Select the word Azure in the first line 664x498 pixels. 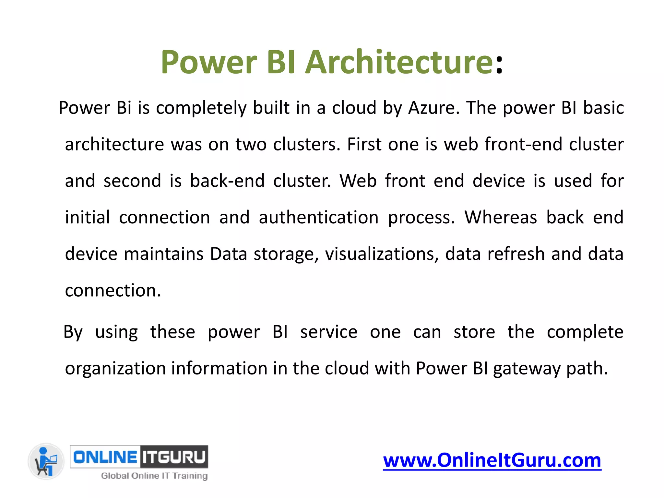pyautogui.click(x=434, y=108)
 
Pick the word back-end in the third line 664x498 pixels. pyautogui.click(x=227, y=181)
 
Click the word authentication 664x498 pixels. pyautogui.click(x=319, y=217)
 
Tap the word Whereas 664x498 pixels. pyautogui.click(x=501, y=217)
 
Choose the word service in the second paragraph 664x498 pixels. pyautogui.click(x=329, y=332)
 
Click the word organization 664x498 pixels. pyautogui.click(x=115, y=369)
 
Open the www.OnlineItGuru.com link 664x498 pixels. pyautogui.click(x=492, y=460)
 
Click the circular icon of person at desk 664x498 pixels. pyautogui.click(x=46, y=461)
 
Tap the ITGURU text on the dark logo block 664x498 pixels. pyautogui.click(x=174, y=457)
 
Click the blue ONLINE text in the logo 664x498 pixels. pyautogui.click(x=105, y=457)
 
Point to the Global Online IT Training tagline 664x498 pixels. pyautogui.click(x=154, y=476)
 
